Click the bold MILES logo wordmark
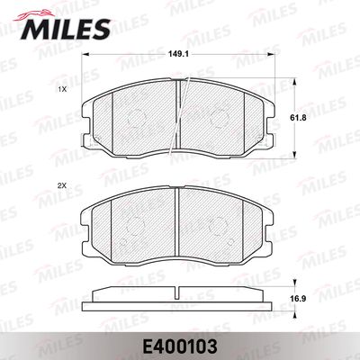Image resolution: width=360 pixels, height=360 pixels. click(65, 29)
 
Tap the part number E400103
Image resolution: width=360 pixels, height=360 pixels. click(180, 346)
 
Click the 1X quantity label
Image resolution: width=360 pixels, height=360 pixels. click(62, 89)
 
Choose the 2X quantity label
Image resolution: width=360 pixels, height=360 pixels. click(62, 186)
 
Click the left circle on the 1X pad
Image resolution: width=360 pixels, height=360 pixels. click(136, 118)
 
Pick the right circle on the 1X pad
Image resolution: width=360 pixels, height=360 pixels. click(219, 118)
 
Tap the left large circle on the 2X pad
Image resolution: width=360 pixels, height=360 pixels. click(136, 226)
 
